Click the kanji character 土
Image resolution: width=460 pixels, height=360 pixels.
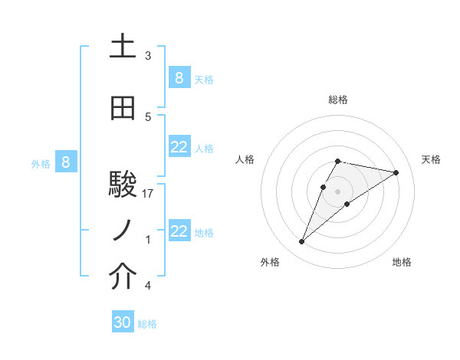123,47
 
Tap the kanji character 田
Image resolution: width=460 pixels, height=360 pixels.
123,110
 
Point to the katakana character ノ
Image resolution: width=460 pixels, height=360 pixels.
123,231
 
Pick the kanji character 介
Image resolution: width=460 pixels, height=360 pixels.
123,277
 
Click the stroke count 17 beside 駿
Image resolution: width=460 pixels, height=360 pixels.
149,194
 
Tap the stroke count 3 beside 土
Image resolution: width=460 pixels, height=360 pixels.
148,56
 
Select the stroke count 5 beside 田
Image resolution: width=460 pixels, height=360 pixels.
148,117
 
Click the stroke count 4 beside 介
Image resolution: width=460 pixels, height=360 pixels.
148,286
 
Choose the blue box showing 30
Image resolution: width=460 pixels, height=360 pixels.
123,322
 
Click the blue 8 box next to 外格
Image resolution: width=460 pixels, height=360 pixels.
66,162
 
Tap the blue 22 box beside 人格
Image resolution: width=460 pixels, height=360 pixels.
179,148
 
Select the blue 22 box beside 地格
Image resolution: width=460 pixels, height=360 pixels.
179,231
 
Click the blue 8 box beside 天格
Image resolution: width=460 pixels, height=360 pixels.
179,77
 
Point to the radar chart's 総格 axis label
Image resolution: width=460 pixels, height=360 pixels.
338,100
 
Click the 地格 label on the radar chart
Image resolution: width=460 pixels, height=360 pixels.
402,262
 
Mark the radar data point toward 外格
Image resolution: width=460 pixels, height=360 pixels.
302,242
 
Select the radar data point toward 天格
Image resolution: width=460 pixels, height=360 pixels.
396,172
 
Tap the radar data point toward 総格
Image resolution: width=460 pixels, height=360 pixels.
338,161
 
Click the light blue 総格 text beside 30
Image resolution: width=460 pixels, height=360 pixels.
147,324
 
